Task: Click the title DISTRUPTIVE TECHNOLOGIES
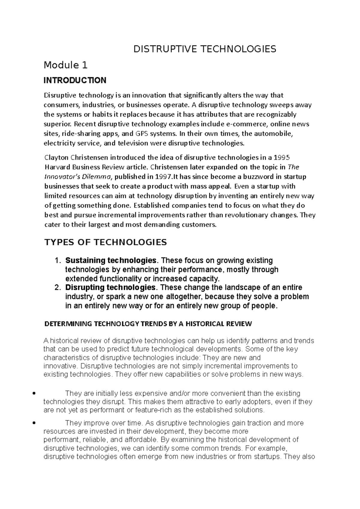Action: click(x=205, y=49)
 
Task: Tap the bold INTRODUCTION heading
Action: click(x=75, y=80)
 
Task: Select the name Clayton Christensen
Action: click(x=76, y=157)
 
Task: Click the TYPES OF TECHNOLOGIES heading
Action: click(x=105, y=242)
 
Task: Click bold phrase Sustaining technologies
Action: click(x=111, y=260)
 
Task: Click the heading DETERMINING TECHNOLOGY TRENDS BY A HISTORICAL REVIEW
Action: click(x=148, y=324)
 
